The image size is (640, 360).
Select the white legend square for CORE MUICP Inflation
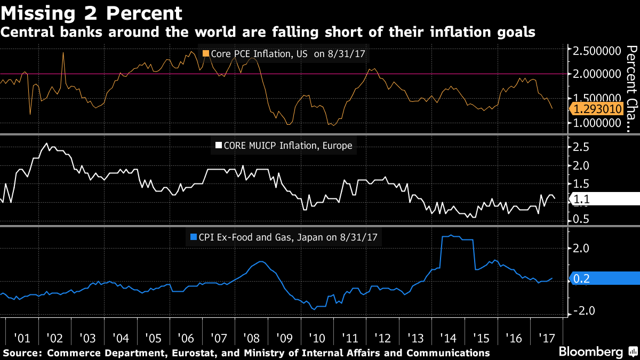(x=218, y=145)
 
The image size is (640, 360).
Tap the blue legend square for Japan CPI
(x=193, y=237)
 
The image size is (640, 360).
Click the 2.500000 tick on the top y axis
(x=596, y=51)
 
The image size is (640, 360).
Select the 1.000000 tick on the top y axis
(x=596, y=123)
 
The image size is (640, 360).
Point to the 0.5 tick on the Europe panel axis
(x=581, y=219)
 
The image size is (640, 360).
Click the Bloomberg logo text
(x=590, y=351)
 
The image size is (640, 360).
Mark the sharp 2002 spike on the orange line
(x=63, y=52)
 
